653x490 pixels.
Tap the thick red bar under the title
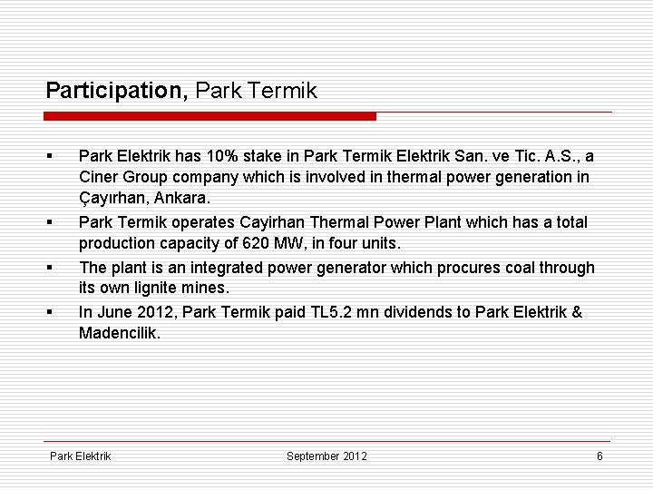210,116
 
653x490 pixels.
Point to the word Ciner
99,176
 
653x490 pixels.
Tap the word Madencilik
118,333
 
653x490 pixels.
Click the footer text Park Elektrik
80,456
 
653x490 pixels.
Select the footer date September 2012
326,456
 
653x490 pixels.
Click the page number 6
599,456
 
